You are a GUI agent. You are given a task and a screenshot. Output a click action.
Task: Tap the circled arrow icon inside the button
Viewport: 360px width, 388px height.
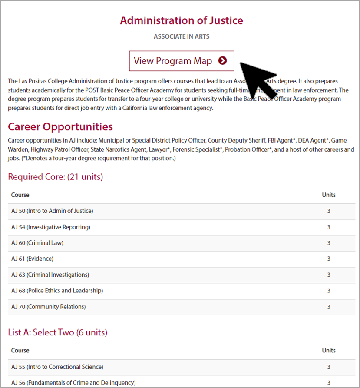click(x=223, y=61)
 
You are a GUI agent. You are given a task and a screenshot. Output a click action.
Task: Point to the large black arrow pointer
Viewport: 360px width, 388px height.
click(x=260, y=81)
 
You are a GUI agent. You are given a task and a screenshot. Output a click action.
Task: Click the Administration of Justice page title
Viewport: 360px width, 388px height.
click(x=182, y=20)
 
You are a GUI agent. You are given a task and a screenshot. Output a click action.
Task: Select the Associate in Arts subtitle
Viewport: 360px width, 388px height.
click(x=182, y=36)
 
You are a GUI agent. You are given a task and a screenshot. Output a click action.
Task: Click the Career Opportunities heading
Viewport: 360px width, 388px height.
click(x=60, y=127)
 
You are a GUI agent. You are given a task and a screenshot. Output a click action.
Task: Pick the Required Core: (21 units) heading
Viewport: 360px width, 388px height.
click(x=55, y=177)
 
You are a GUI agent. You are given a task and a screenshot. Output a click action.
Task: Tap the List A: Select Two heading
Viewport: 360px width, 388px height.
click(x=58, y=332)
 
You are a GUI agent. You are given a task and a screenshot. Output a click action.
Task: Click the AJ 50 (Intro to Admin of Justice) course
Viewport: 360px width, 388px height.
click(x=52, y=211)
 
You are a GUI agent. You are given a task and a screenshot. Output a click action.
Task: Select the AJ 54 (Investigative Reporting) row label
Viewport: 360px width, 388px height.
click(x=51, y=227)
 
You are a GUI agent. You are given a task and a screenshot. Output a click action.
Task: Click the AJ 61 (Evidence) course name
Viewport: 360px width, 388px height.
click(x=33, y=259)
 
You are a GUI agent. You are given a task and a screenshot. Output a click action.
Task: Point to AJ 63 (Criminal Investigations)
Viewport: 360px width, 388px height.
click(x=50, y=275)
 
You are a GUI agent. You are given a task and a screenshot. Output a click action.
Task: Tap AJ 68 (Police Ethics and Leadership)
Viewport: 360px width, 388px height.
click(x=57, y=291)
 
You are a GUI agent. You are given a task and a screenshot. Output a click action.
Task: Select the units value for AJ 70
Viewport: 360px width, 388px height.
click(x=329, y=307)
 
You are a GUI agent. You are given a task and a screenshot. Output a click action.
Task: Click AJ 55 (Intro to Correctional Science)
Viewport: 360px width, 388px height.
click(x=57, y=367)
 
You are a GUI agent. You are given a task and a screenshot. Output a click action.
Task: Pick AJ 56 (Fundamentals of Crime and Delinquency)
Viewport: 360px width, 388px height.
click(x=73, y=383)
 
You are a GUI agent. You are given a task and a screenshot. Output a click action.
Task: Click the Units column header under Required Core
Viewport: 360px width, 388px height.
click(x=329, y=195)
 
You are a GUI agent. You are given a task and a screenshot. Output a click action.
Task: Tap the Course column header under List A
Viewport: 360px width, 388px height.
click(x=20, y=350)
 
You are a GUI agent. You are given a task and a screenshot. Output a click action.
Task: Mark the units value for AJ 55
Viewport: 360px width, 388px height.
click(x=329, y=367)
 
